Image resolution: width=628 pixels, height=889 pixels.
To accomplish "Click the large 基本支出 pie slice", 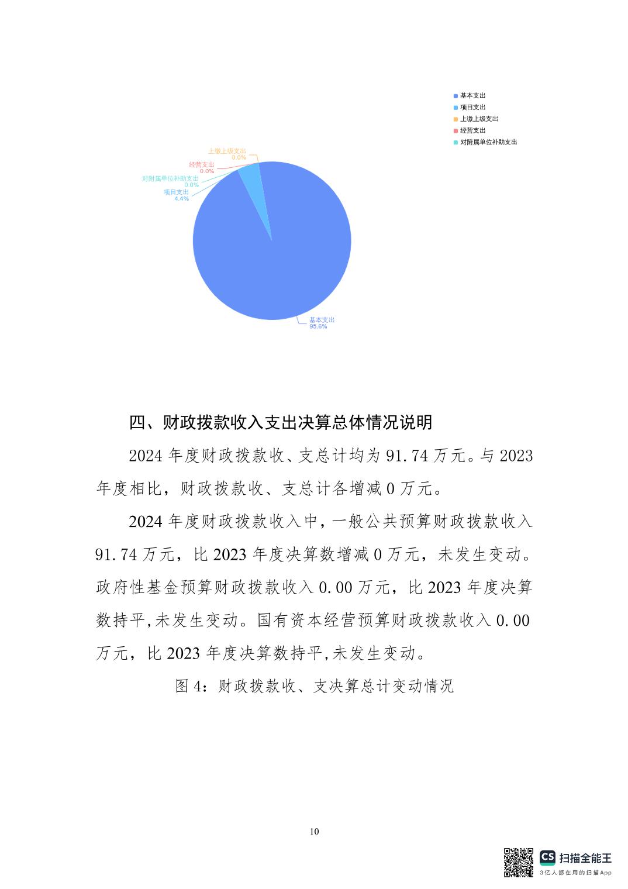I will [275, 257].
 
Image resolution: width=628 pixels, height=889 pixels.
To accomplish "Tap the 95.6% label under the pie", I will [318, 326].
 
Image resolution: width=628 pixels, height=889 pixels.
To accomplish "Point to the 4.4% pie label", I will [181, 199].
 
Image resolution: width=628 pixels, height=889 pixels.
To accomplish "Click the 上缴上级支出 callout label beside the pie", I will [227, 151].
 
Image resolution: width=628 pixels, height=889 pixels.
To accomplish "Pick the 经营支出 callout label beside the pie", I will [202, 165].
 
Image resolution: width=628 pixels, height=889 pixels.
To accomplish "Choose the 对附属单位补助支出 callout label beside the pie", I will [170, 178].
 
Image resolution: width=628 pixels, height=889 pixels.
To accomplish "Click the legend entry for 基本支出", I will [472, 95].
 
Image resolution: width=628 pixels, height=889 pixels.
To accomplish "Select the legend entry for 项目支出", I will [472, 107].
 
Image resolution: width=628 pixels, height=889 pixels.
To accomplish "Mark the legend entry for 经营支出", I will [472, 130].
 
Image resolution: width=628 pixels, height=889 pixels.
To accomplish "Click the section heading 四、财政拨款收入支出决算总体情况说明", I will [281, 422].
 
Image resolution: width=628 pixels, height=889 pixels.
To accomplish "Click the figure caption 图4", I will [315, 685].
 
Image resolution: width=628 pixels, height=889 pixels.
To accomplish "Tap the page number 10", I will [315, 832].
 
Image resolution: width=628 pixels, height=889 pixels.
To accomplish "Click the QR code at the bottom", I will [519, 862].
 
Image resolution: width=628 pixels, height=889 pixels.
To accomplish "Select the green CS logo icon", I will [547, 858].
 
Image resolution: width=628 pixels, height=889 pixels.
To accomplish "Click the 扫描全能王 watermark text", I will [585, 858].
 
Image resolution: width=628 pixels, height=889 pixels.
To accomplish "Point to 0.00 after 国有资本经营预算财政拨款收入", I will [513, 620].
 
